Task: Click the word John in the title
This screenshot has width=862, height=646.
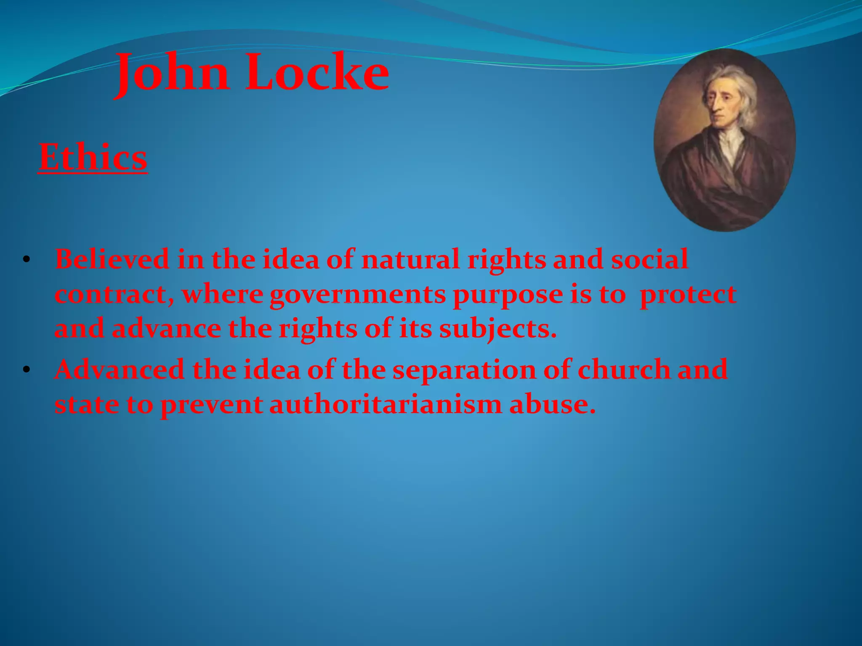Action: [x=173, y=74]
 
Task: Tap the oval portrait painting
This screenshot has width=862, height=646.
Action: [x=724, y=140]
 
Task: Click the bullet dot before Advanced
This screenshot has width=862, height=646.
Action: [x=27, y=370]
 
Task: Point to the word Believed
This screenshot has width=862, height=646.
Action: [x=112, y=259]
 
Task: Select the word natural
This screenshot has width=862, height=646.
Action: [x=410, y=259]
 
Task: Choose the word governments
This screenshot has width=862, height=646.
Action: [x=357, y=295]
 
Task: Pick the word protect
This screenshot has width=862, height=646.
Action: [x=688, y=295]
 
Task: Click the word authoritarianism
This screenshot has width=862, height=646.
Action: [x=386, y=405]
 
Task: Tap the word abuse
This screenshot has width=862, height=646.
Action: [x=552, y=405]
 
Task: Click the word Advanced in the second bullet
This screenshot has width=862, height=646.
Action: [x=120, y=370]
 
